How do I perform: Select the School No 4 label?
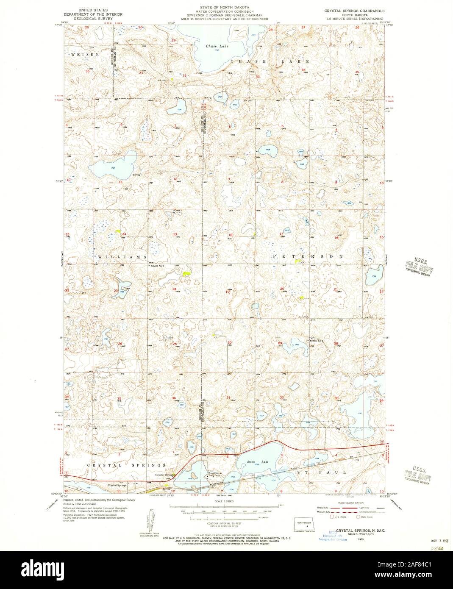click(317, 341)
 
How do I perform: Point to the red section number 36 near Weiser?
click(88, 72)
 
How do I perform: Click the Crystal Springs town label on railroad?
click(117, 485)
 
